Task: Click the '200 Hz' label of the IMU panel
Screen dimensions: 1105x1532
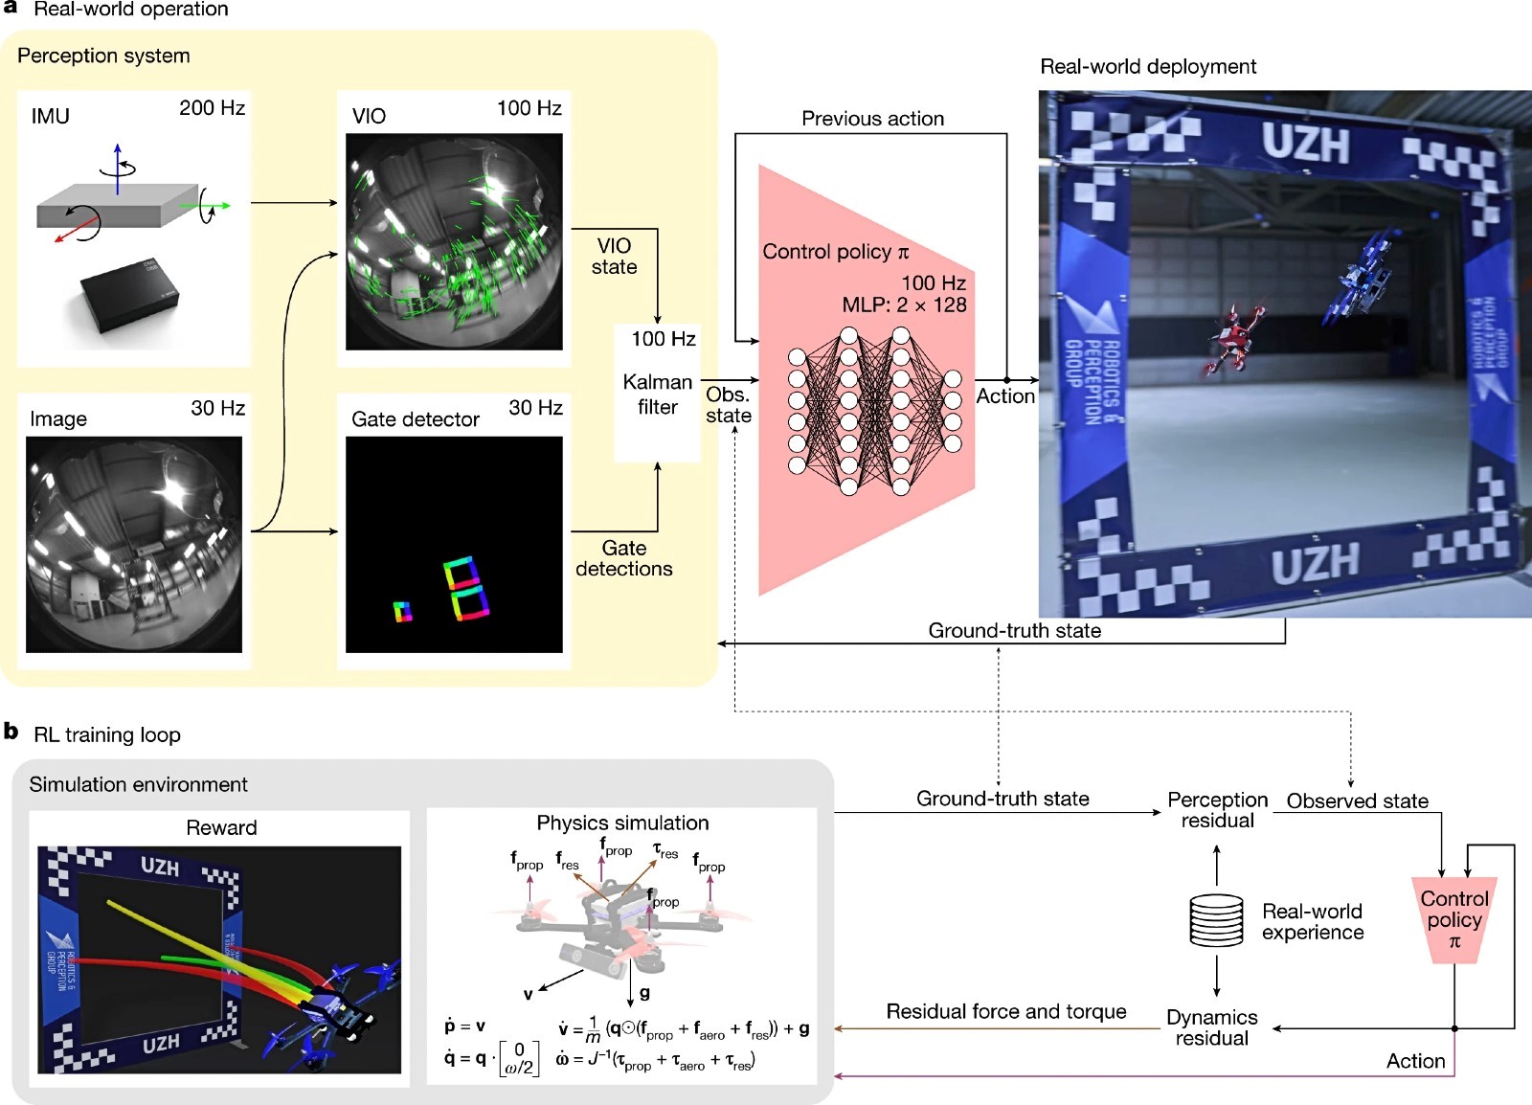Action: click(x=212, y=108)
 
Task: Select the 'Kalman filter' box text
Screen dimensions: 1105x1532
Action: click(x=657, y=395)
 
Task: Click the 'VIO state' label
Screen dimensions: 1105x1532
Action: click(x=614, y=257)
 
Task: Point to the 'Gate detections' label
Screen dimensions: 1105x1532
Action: click(x=623, y=558)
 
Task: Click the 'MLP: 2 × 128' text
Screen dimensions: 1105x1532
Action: click(x=904, y=305)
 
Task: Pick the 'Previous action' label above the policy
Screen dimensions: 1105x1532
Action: click(x=872, y=119)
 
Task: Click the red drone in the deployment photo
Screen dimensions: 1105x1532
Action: click(x=1231, y=339)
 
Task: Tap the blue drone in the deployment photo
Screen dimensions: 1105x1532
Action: click(x=1361, y=277)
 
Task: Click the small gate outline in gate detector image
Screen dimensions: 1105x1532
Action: click(x=403, y=611)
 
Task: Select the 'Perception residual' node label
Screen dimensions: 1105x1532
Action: click(x=1217, y=810)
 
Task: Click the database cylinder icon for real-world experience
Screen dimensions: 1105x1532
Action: click(x=1216, y=920)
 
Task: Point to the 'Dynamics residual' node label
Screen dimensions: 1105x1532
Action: click(x=1211, y=1027)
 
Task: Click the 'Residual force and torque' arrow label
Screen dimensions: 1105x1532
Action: click(x=1005, y=1012)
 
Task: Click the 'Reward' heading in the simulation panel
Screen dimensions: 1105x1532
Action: click(x=221, y=827)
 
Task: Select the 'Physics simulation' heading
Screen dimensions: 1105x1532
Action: click(x=622, y=823)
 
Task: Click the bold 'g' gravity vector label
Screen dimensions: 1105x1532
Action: click(x=644, y=993)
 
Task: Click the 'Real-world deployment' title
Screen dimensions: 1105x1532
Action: click(x=1147, y=67)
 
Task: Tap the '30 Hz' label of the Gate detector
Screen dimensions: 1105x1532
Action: click(x=535, y=408)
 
